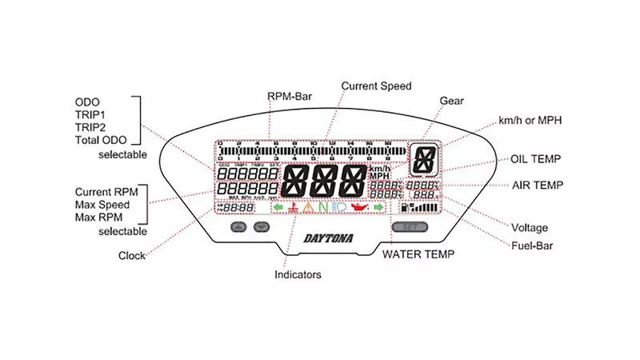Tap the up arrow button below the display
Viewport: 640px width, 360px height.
[x=238, y=227]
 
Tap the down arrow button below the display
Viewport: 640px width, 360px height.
[x=260, y=227]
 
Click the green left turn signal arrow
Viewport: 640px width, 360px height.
[x=278, y=208]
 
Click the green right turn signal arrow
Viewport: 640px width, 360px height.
[x=379, y=208]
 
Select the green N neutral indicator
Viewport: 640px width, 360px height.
[x=323, y=208]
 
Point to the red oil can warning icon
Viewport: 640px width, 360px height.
[x=359, y=208]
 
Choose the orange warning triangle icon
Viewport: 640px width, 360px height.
[x=308, y=208]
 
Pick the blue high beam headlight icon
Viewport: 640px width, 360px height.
[x=339, y=208]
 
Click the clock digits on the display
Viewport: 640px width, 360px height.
[x=238, y=208]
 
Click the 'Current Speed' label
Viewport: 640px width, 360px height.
[x=376, y=86]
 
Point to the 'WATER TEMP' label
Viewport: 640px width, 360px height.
[x=418, y=254]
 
